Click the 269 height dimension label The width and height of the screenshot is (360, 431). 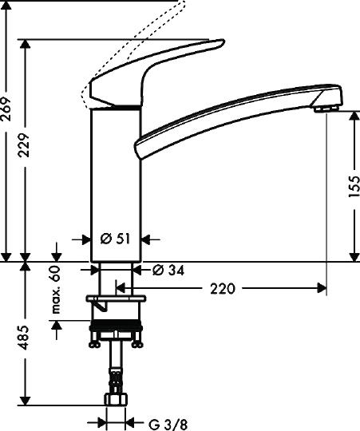(x=6, y=109)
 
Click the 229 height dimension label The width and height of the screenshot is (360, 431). (x=24, y=145)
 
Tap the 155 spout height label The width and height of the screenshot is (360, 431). (x=354, y=186)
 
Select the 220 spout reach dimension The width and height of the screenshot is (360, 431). (x=223, y=289)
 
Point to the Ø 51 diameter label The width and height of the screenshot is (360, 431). (x=115, y=239)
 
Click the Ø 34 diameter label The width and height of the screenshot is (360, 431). (x=168, y=271)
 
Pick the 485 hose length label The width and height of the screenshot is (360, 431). (x=24, y=338)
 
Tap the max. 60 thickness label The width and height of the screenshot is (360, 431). (x=56, y=290)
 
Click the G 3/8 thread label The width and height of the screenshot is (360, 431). (x=168, y=425)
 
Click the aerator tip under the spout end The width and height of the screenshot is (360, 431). (x=326, y=109)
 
